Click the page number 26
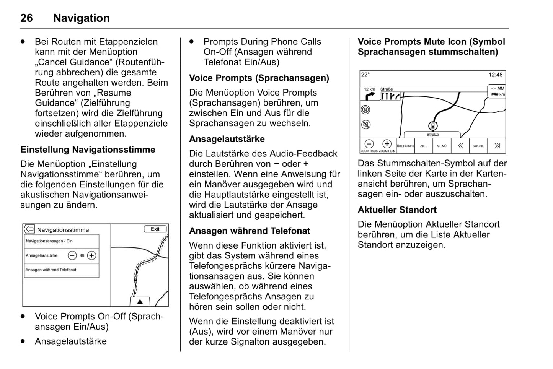[26, 18]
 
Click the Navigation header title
[81, 18]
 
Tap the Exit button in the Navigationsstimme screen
[155, 229]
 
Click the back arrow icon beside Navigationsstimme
[29, 229]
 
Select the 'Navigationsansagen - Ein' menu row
[61, 241]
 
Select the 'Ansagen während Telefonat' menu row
[61, 270]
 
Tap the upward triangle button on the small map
[140, 302]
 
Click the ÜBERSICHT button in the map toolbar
[405, 146]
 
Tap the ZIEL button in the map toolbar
[424, 146]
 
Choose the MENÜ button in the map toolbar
[442, 146]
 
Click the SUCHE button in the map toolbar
[478, 146]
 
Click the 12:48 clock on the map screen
[496, 75]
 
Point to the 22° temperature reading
[365, 75]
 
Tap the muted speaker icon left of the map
[366, 125]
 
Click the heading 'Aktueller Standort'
[397, 210]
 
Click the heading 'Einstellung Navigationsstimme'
[88, 150]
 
